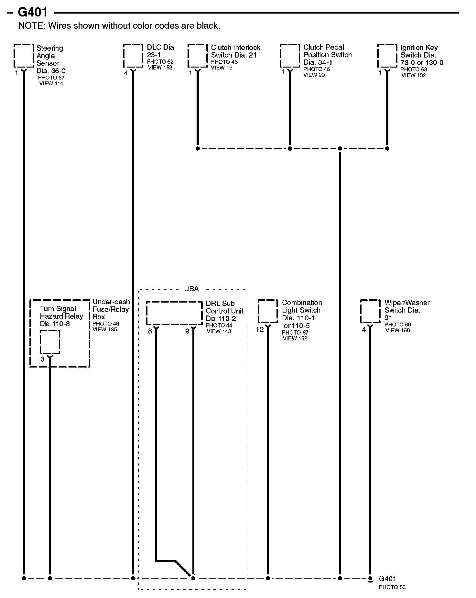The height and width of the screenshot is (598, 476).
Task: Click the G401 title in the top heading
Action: click(32, 12)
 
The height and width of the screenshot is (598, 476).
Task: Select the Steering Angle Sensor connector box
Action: click(24, 56)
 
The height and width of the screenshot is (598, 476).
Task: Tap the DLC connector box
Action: click(133, 56)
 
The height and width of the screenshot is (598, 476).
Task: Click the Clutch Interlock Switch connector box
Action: click(198, 56)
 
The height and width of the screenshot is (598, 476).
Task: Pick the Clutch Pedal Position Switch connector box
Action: click(290, 56)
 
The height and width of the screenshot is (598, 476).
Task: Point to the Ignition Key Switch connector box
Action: click(387, 56)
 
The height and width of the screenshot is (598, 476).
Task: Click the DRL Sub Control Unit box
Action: click(174, 313)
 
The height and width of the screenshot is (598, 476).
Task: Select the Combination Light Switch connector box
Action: click(267, 311)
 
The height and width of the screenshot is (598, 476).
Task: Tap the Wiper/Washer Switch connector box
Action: click(370, 311)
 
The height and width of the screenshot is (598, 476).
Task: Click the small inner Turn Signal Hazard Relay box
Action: click(50, 342)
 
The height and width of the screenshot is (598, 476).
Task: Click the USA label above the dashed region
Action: click(191, 289)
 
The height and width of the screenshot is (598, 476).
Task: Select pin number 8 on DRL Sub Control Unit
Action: click(150, 331)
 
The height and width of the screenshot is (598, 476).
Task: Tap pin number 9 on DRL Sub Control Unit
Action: click(187, 331)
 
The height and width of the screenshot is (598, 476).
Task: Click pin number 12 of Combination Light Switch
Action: click(260, 330)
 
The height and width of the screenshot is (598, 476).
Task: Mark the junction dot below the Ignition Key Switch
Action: click(387, 149)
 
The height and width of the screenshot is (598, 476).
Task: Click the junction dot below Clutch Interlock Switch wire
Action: click(198, 149)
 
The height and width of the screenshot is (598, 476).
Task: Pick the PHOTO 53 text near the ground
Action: click(392, 587)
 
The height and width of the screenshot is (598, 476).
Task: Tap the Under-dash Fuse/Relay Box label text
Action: click(111, 309)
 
